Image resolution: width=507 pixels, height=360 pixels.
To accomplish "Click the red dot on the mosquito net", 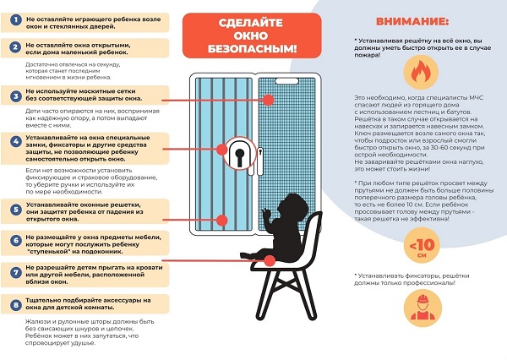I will [x=267, y=100].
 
